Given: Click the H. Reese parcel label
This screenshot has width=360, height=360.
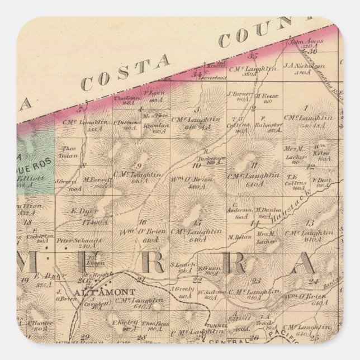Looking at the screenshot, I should point(263,95).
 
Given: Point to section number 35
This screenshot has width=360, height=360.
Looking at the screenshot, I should point(253,56).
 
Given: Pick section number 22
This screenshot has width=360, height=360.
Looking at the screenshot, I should point(196,280).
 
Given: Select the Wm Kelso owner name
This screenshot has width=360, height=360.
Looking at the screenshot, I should point(320,148).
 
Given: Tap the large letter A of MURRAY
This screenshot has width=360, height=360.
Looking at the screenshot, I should point(311,262).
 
